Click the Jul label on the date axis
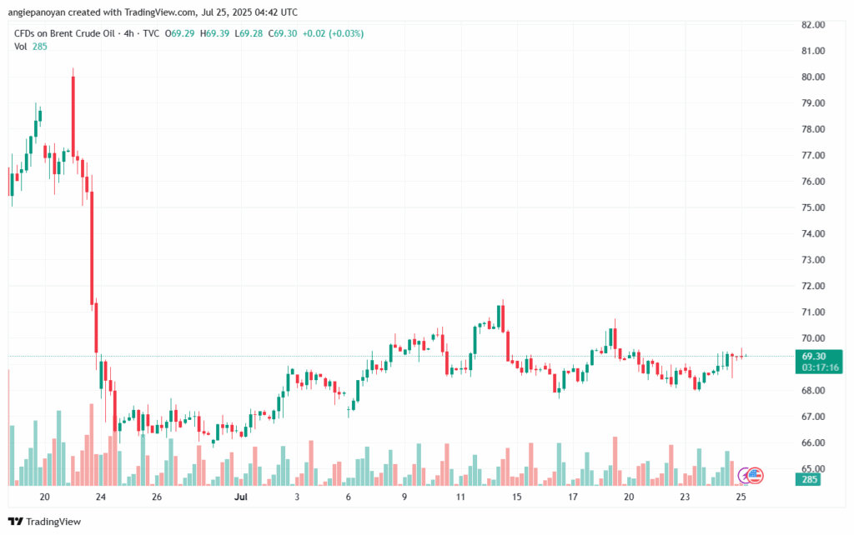(x=242, y=497)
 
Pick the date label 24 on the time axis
(x=100, y=497)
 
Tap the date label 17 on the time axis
(x=573, y=497)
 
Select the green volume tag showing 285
(x=810, y=479)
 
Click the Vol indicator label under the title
(x=21, y=47)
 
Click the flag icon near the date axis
(x=753, y=475)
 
